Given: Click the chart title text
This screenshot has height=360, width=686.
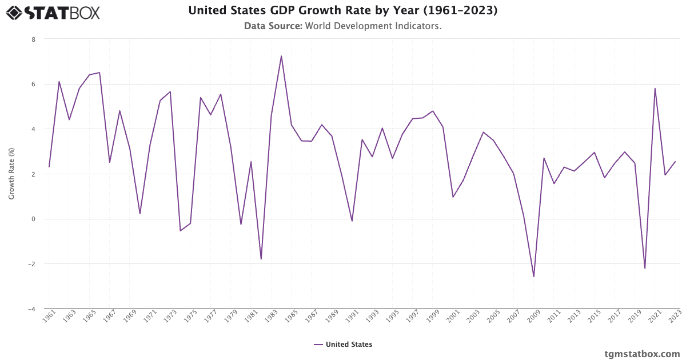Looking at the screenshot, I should point(343,11).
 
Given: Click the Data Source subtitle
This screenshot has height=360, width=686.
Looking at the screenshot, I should point(343,26).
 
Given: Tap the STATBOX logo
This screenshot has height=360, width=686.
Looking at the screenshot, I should point(53,12).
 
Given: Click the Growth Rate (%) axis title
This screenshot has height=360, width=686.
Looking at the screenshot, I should point(11,174).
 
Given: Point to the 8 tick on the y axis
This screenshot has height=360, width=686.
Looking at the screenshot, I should point(33,39).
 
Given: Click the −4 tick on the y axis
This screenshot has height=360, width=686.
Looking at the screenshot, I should point(31,309).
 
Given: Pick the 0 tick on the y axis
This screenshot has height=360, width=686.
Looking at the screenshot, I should point(33,219).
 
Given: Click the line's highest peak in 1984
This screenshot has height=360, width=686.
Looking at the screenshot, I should point(281,56).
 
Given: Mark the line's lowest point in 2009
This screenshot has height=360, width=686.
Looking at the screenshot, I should point(534,277).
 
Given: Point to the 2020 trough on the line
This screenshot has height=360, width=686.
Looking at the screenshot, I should point(645,268).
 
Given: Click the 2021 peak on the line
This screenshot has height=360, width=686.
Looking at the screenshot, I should point(655,88).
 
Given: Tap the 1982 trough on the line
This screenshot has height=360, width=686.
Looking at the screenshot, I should point(261,259).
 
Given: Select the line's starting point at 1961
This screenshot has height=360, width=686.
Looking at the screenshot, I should point(49,167).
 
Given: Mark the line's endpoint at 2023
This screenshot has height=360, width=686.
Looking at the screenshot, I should point(675,161).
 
